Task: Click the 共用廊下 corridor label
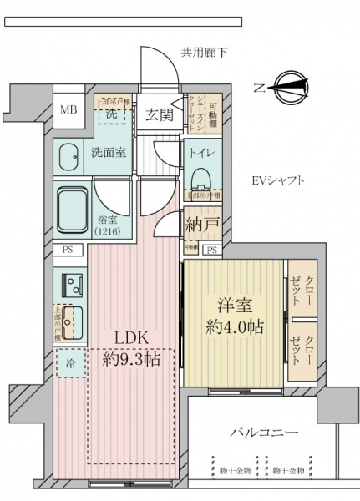click(x=204, y=53)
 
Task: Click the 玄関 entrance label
click(x=160, y=115)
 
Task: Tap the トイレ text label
click(x=202, y=154)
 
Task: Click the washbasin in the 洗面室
click(x=70, y=155)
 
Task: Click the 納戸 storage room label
click(x=203, y=225)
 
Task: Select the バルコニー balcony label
click(x=264, y=433)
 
